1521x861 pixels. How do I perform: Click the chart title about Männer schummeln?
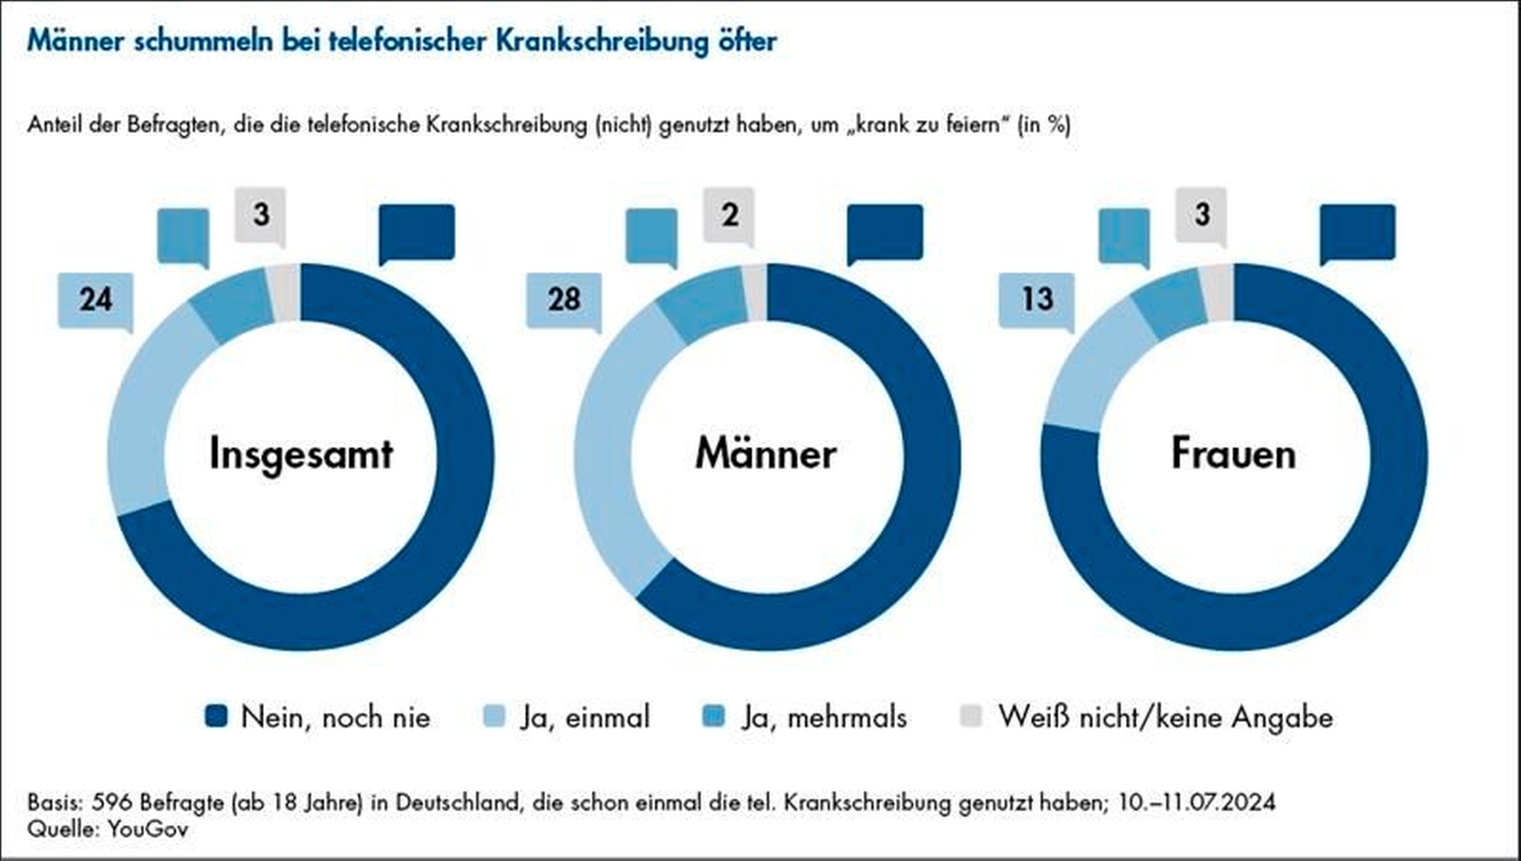402,42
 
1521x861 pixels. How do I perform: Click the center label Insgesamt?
301,454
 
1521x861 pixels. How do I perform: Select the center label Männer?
766,454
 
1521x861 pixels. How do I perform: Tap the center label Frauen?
1233,454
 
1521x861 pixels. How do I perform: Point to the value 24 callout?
96,299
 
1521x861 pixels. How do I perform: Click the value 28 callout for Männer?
564,299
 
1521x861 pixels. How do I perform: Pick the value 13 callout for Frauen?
1037,299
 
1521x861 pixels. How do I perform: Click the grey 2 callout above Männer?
729,214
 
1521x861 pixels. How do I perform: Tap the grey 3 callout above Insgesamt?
261,214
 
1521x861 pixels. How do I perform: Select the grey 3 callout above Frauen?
1202,214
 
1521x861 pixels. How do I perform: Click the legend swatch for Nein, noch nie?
216,716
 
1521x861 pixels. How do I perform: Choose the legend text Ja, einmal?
585,717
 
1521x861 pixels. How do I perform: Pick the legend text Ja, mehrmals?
824,717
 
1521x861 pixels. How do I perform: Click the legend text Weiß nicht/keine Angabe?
1166,717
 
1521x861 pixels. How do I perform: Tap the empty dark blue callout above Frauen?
1358,232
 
